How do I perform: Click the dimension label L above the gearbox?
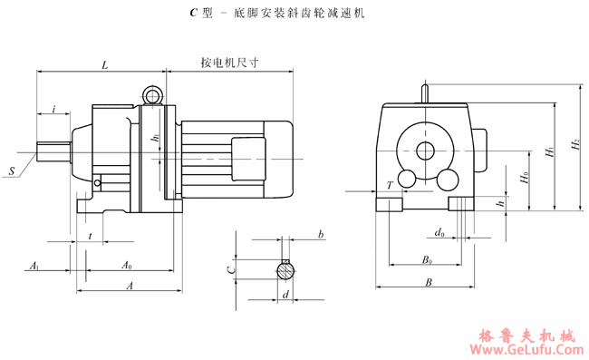coord(105,65)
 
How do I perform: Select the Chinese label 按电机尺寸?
coord(230,64)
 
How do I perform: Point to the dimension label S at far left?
coord(12,170)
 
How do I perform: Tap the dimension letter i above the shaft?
coord(54,109)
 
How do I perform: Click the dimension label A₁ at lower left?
coord(34,266)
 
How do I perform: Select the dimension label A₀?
coord(127,266)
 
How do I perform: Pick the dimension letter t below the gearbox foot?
coord(91,236)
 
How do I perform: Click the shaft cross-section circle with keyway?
coord(285,269)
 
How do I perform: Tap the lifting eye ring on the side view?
coord(151,93)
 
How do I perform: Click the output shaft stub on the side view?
coord(53,152)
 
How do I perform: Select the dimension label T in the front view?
coord(390,185)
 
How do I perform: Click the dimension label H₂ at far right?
coord(573,145)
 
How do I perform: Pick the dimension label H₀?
coord(525,178)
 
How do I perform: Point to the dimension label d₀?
coord(439,233)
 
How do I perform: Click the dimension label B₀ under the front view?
coord(426,259)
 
